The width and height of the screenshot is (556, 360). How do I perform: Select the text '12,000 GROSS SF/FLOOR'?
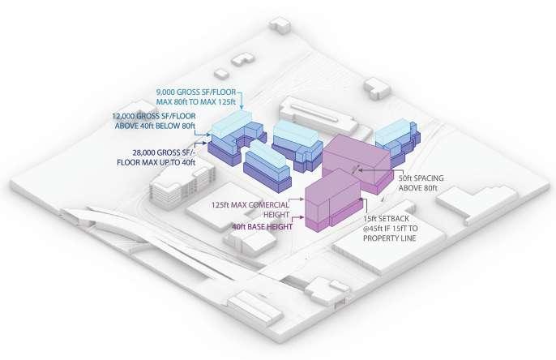coord(158,117)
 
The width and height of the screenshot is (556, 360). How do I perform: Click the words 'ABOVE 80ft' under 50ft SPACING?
coord(418,188)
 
